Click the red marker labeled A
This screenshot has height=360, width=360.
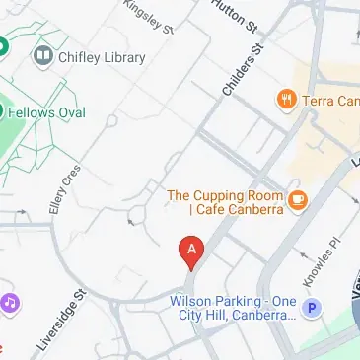[x=190, y=251]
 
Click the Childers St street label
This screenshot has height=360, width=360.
[x=245, y=70]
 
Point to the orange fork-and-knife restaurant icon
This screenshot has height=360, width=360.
[x=287, y=99]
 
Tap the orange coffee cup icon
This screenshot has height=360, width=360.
[x=298, y=200]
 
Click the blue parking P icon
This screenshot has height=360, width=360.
[x=312, y=309]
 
